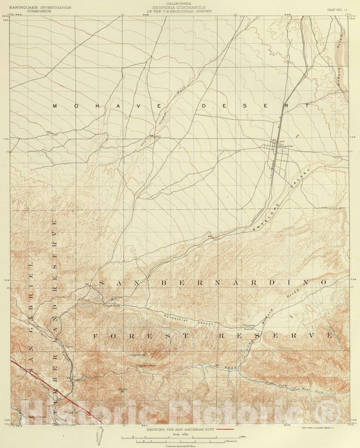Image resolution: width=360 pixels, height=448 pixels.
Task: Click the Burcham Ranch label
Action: (249, 327)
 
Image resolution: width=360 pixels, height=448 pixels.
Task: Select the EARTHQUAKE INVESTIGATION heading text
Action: (40, 8)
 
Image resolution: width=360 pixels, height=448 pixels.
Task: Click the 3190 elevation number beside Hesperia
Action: (281, 142)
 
